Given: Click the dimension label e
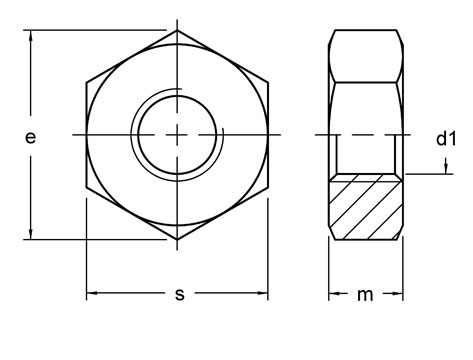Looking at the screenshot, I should (30, 139).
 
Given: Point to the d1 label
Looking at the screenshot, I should (446, 139).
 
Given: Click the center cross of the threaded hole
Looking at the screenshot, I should (178, 134).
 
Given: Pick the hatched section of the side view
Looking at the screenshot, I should (367, 207).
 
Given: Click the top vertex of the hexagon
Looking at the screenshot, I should (178, 30).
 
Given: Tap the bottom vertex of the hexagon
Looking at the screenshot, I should (178, 240).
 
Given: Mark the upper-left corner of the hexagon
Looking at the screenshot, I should (87, 82).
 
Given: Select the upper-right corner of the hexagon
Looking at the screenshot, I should (269, 82).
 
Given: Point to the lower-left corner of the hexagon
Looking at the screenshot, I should (87, 187).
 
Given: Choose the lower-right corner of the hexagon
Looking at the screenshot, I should (269, 187).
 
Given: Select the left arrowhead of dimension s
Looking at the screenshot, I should (93, 294).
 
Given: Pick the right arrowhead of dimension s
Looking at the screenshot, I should (263, 294).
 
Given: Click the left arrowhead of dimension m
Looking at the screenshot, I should (335, 294).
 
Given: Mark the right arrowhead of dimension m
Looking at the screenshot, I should (398, 294).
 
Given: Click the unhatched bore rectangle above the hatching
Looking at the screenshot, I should (367, 152).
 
